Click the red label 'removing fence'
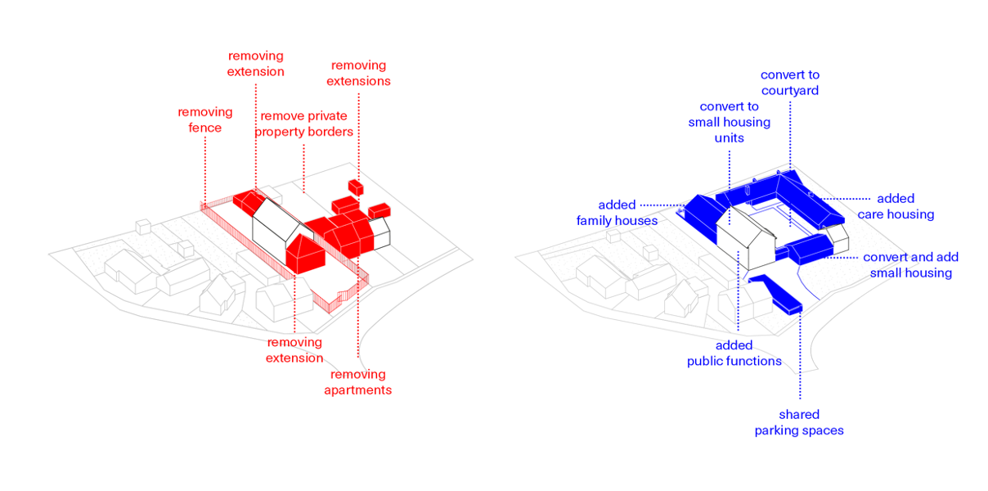(x=205, y=119)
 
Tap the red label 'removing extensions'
(x=358, y=73)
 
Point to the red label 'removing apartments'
(x=357, y=382)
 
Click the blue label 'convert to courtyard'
(x=789, y=83)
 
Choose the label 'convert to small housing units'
(x=729, y=122)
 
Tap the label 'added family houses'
(x=617, y=213)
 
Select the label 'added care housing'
(x=896, y=206)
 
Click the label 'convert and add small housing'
(x=910, y=265)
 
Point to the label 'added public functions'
(x=734, y=353)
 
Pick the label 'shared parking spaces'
(x=799, y=422)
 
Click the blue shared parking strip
(x=777, y=295)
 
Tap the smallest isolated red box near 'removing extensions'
(x=355, y=186)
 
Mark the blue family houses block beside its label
(x=699, y=213)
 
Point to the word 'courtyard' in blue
(x=789, y=91)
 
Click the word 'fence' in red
(x=204, y=128)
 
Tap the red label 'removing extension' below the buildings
(x=294, y=349)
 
